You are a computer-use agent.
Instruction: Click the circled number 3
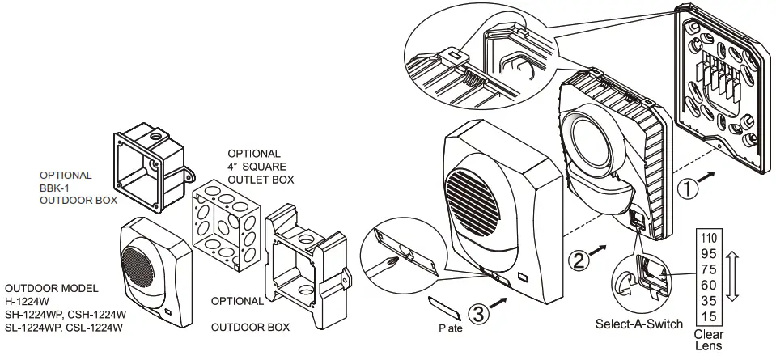(478, 314)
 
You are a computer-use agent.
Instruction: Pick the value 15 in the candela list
(709, 315)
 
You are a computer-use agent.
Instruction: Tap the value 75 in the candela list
(709, 269)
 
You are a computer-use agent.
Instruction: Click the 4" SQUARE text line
(258, 166)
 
